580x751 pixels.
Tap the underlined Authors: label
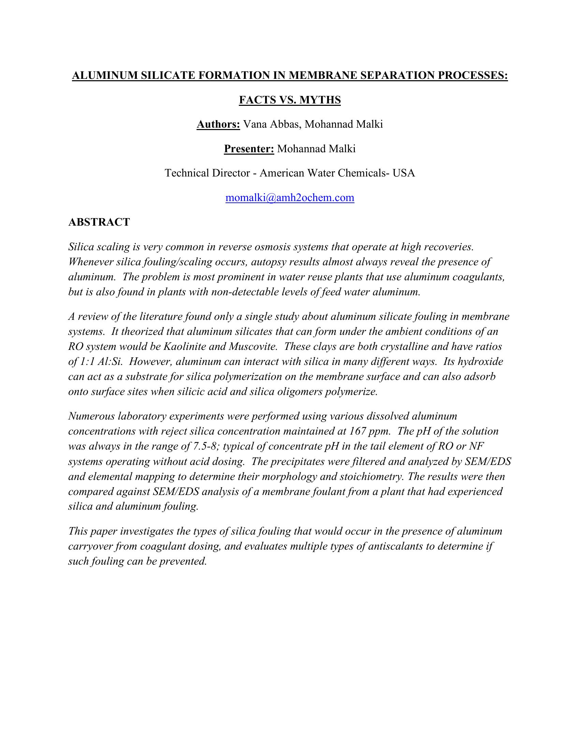218,124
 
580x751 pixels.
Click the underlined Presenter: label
249,148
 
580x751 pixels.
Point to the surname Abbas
286,124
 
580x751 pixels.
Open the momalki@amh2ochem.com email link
290,198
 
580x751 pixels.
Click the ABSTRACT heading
99,222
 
